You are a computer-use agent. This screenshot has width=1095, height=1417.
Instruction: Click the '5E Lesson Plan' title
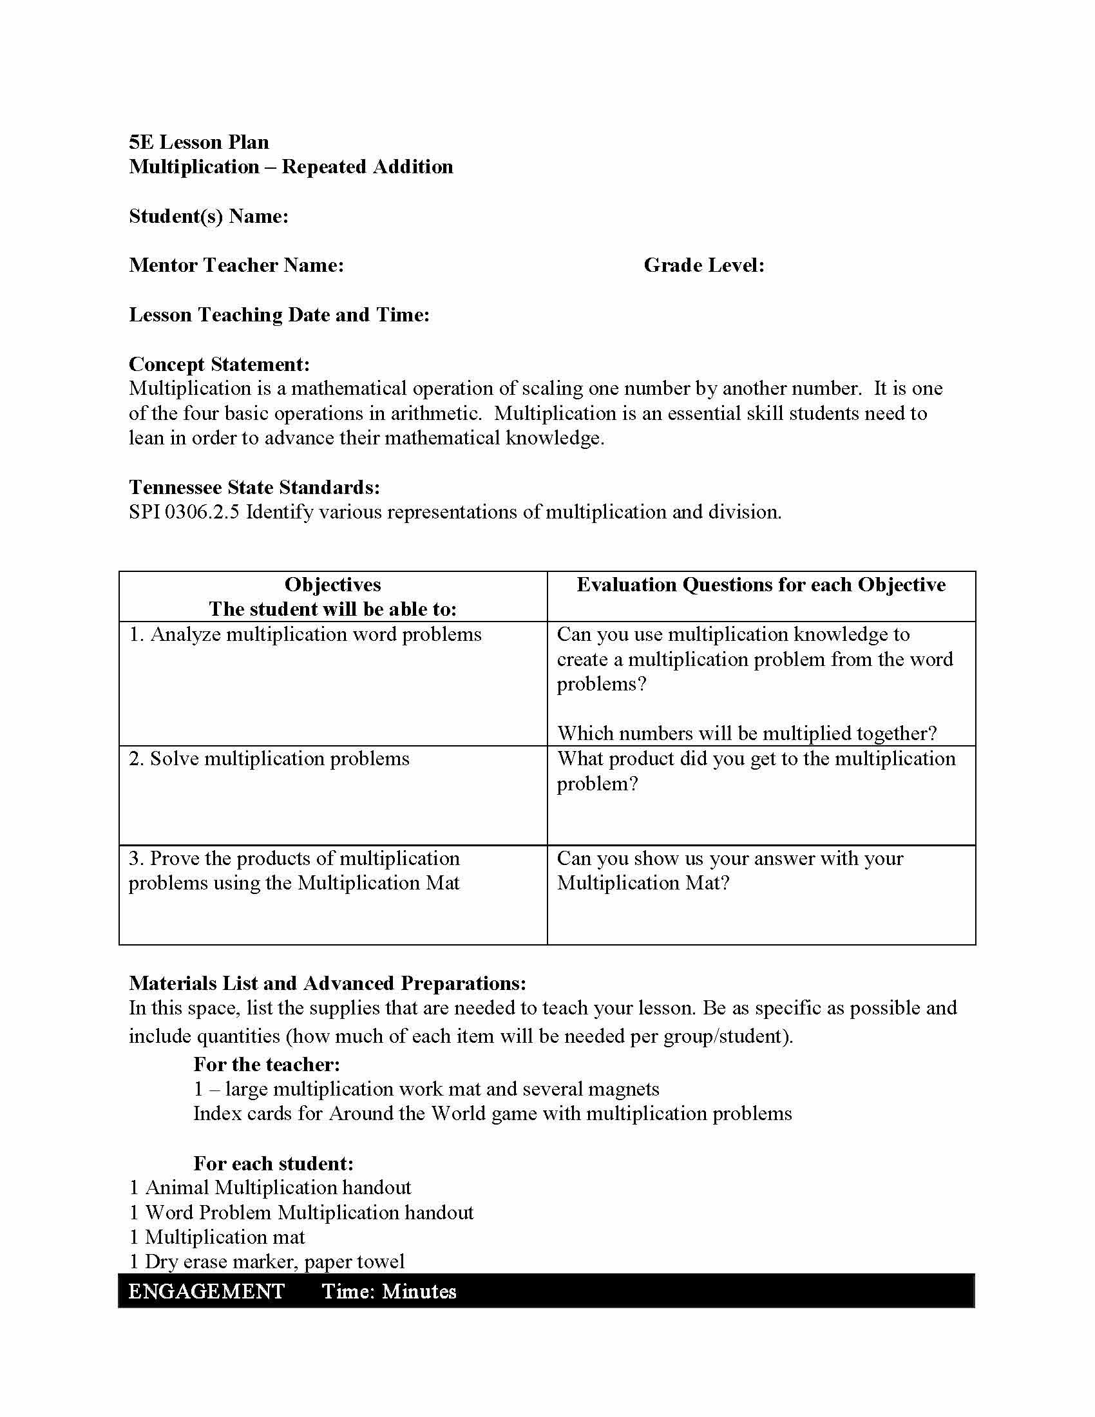[x=198, y=142]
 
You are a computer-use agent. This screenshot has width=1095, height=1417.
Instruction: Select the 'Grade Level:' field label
[x=704, y=265]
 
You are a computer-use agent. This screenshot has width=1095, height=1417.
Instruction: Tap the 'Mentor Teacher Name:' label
[x=236, y=265]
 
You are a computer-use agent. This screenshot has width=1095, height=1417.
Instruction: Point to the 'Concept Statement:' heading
[x=219, y=364]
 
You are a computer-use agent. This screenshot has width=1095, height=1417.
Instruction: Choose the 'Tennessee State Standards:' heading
[x=254, y=488]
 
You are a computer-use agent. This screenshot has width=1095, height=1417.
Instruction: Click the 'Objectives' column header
[x=333, y=585]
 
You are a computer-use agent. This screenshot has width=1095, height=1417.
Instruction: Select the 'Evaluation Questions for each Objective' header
[x=761, y=585]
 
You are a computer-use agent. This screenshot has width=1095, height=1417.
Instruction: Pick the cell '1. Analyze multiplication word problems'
[x=305, y=634]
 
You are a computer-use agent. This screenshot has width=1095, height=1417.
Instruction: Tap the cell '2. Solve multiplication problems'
[x=269, y=759]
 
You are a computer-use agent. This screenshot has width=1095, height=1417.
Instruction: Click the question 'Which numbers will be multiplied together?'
[x=747, y=733]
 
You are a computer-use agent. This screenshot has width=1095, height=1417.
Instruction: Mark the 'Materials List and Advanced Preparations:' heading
[x=328, y=983]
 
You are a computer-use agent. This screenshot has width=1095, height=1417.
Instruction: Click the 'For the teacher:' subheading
[x=267, y=1064]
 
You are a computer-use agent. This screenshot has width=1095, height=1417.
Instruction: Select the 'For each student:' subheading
[x=273, y=1163]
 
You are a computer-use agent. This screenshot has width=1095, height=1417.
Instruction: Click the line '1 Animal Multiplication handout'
[x=271, y=1188]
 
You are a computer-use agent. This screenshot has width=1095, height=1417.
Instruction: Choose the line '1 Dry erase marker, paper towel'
[x=267, y=1262]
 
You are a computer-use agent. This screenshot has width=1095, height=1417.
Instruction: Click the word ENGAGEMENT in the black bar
[x=206, y=1292]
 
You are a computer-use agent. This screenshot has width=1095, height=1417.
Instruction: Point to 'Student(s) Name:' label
[x=209, y=216]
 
